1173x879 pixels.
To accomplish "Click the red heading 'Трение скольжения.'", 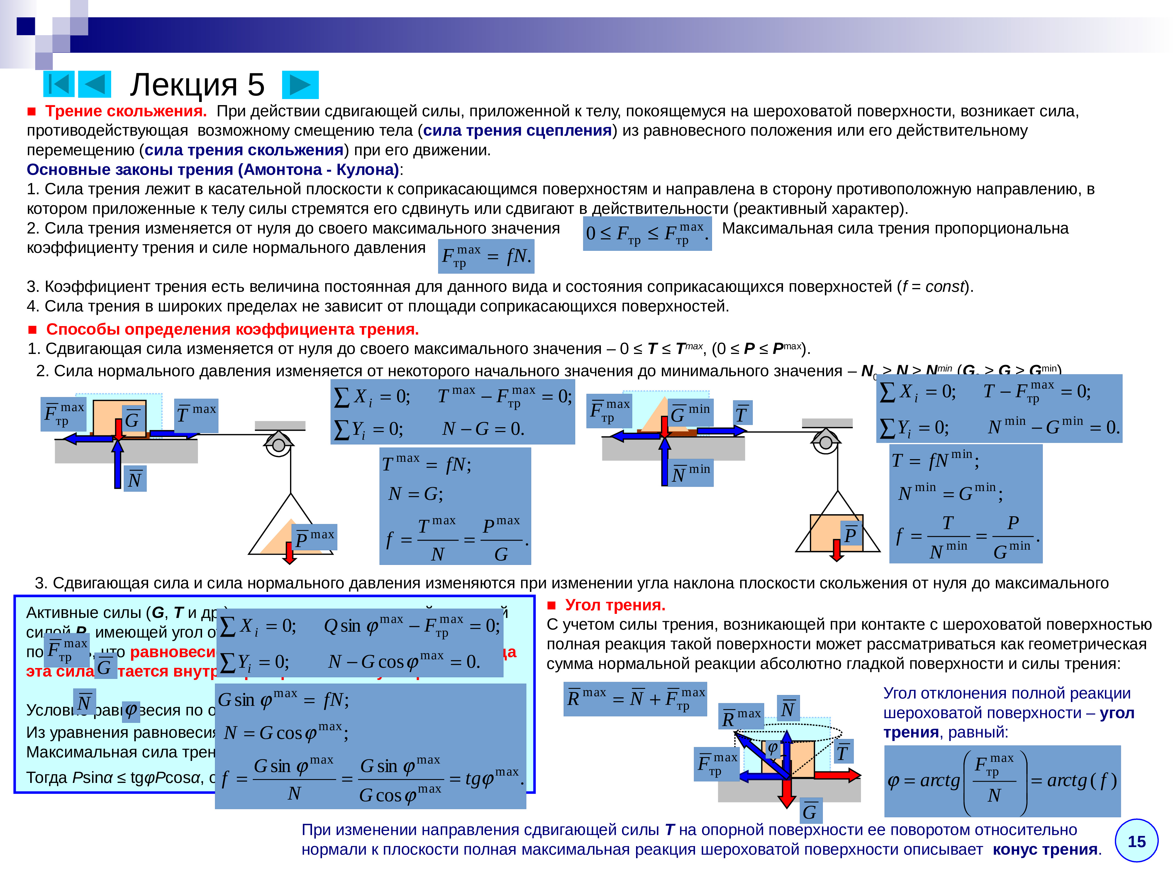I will [126, 111].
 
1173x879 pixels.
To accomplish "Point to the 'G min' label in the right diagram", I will [689, 412].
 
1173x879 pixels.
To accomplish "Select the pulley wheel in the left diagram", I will [278, 444].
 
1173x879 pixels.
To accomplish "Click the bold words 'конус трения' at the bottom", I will [1045, 849].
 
